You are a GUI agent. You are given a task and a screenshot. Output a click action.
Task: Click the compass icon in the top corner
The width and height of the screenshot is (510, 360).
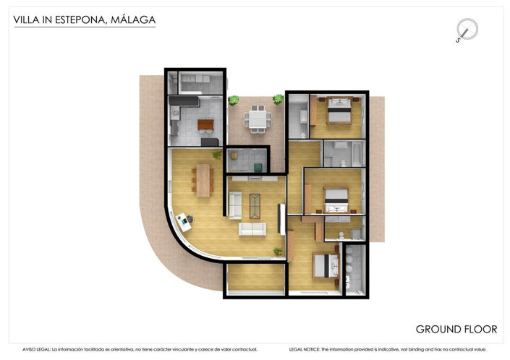click(467, 30)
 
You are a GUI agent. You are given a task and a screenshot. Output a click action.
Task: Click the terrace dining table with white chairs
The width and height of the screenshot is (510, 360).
click(255, 118)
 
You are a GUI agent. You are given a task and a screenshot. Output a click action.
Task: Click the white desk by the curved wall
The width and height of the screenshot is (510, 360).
click(184, 220)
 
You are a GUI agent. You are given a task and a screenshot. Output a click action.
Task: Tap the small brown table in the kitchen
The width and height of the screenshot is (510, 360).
click(206, 125)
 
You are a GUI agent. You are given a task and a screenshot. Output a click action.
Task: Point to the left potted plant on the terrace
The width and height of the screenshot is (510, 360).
click(234, 100)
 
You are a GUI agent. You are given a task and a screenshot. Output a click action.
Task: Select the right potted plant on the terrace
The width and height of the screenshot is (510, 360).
click(278, 99)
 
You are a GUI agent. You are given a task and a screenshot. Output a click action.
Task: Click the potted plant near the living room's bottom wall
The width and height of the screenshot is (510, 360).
click(278, 251)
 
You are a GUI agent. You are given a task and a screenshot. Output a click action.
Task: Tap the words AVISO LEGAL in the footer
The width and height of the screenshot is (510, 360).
click(36, 349)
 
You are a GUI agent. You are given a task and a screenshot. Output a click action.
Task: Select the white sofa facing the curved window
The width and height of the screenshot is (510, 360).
click(252, 229)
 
